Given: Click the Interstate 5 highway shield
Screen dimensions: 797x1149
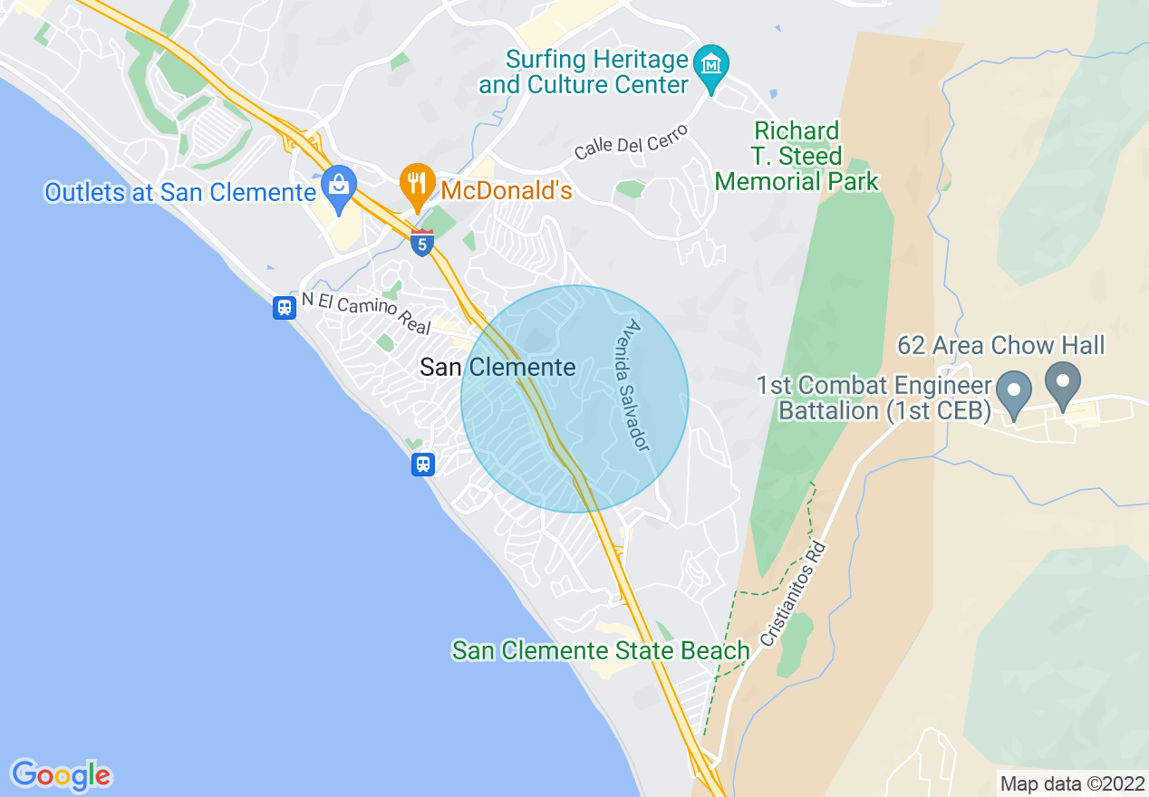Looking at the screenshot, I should (x=422, y=243).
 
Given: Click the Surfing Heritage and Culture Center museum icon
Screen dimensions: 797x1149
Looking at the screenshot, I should (x=711, y=66).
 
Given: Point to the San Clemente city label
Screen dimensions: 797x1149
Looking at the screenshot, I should (x=497, y=367).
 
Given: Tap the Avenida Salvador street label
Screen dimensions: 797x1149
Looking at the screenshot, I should (x=638, y=385).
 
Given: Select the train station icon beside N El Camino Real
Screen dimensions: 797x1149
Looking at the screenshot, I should (x=285, y=308).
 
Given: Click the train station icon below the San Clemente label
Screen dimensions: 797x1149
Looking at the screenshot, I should (x=422, y=465).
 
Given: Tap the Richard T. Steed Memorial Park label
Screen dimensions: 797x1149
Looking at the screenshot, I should (x=797, y=156).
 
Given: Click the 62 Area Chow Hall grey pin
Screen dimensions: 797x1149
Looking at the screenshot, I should (x=1062, y=385).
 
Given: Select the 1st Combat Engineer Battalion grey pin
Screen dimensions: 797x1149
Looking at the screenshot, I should (x=1014, y=394).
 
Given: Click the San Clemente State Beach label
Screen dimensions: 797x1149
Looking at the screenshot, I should (x=601, y=650).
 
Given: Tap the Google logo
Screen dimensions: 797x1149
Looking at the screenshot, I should (x=62, y=775).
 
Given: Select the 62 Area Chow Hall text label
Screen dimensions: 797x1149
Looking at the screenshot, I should (x=1000, y=345).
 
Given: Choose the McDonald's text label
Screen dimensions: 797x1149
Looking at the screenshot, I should (x=507, y=191).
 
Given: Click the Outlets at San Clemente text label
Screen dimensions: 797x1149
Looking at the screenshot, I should (x=180, y=192).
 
